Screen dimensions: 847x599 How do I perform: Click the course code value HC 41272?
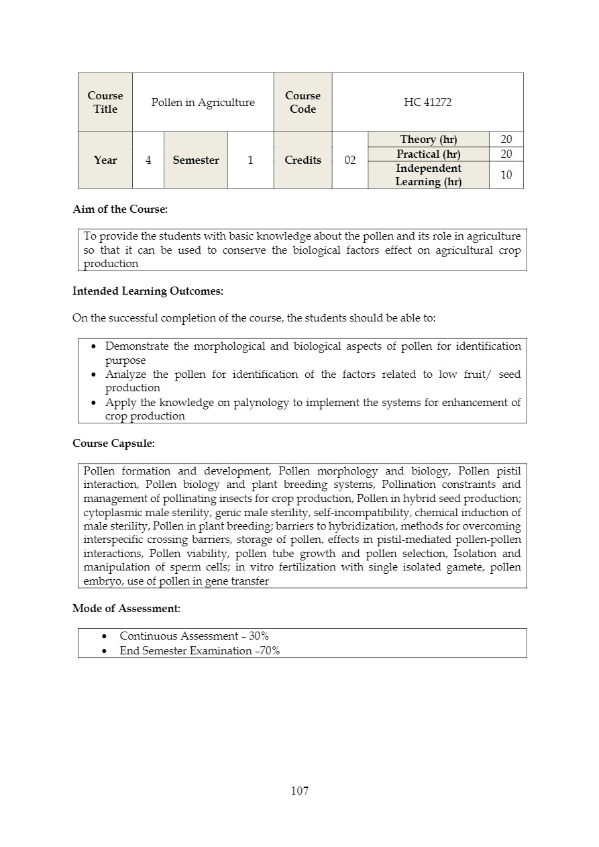(x=427, y=102)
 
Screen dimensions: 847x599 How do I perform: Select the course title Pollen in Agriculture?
(x=203, y=102)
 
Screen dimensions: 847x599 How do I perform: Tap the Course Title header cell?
(x=105, y=102)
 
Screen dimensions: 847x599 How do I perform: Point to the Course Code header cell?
(x=303, y=102)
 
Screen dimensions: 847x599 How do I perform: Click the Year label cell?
(x=105, y=160)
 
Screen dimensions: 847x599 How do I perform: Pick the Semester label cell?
(x=196, y=160)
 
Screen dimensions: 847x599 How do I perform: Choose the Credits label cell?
(x=303, y=160)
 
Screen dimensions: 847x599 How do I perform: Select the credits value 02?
(x=350, y=160)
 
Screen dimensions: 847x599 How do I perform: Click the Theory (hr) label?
(x=428, y=139)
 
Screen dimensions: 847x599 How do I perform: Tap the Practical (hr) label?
(x=428, y=154)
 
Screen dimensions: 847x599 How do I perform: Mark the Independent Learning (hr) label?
(x=428, y=175)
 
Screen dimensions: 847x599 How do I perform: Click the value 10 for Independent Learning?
(x=506, y=175)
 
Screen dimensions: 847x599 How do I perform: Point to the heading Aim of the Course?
(x=120, y=209)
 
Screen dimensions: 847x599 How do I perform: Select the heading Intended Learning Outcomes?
(x=148, y=291)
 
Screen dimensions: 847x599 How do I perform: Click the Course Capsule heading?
(x=113, y=444)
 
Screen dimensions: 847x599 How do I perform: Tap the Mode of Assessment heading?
(x=126, y=609)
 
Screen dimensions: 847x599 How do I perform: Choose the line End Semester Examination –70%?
(x=199, y=650)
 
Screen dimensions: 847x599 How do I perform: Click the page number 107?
(x=300, y=791)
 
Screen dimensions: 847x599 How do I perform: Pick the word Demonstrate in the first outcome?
(x=136, y=346)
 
